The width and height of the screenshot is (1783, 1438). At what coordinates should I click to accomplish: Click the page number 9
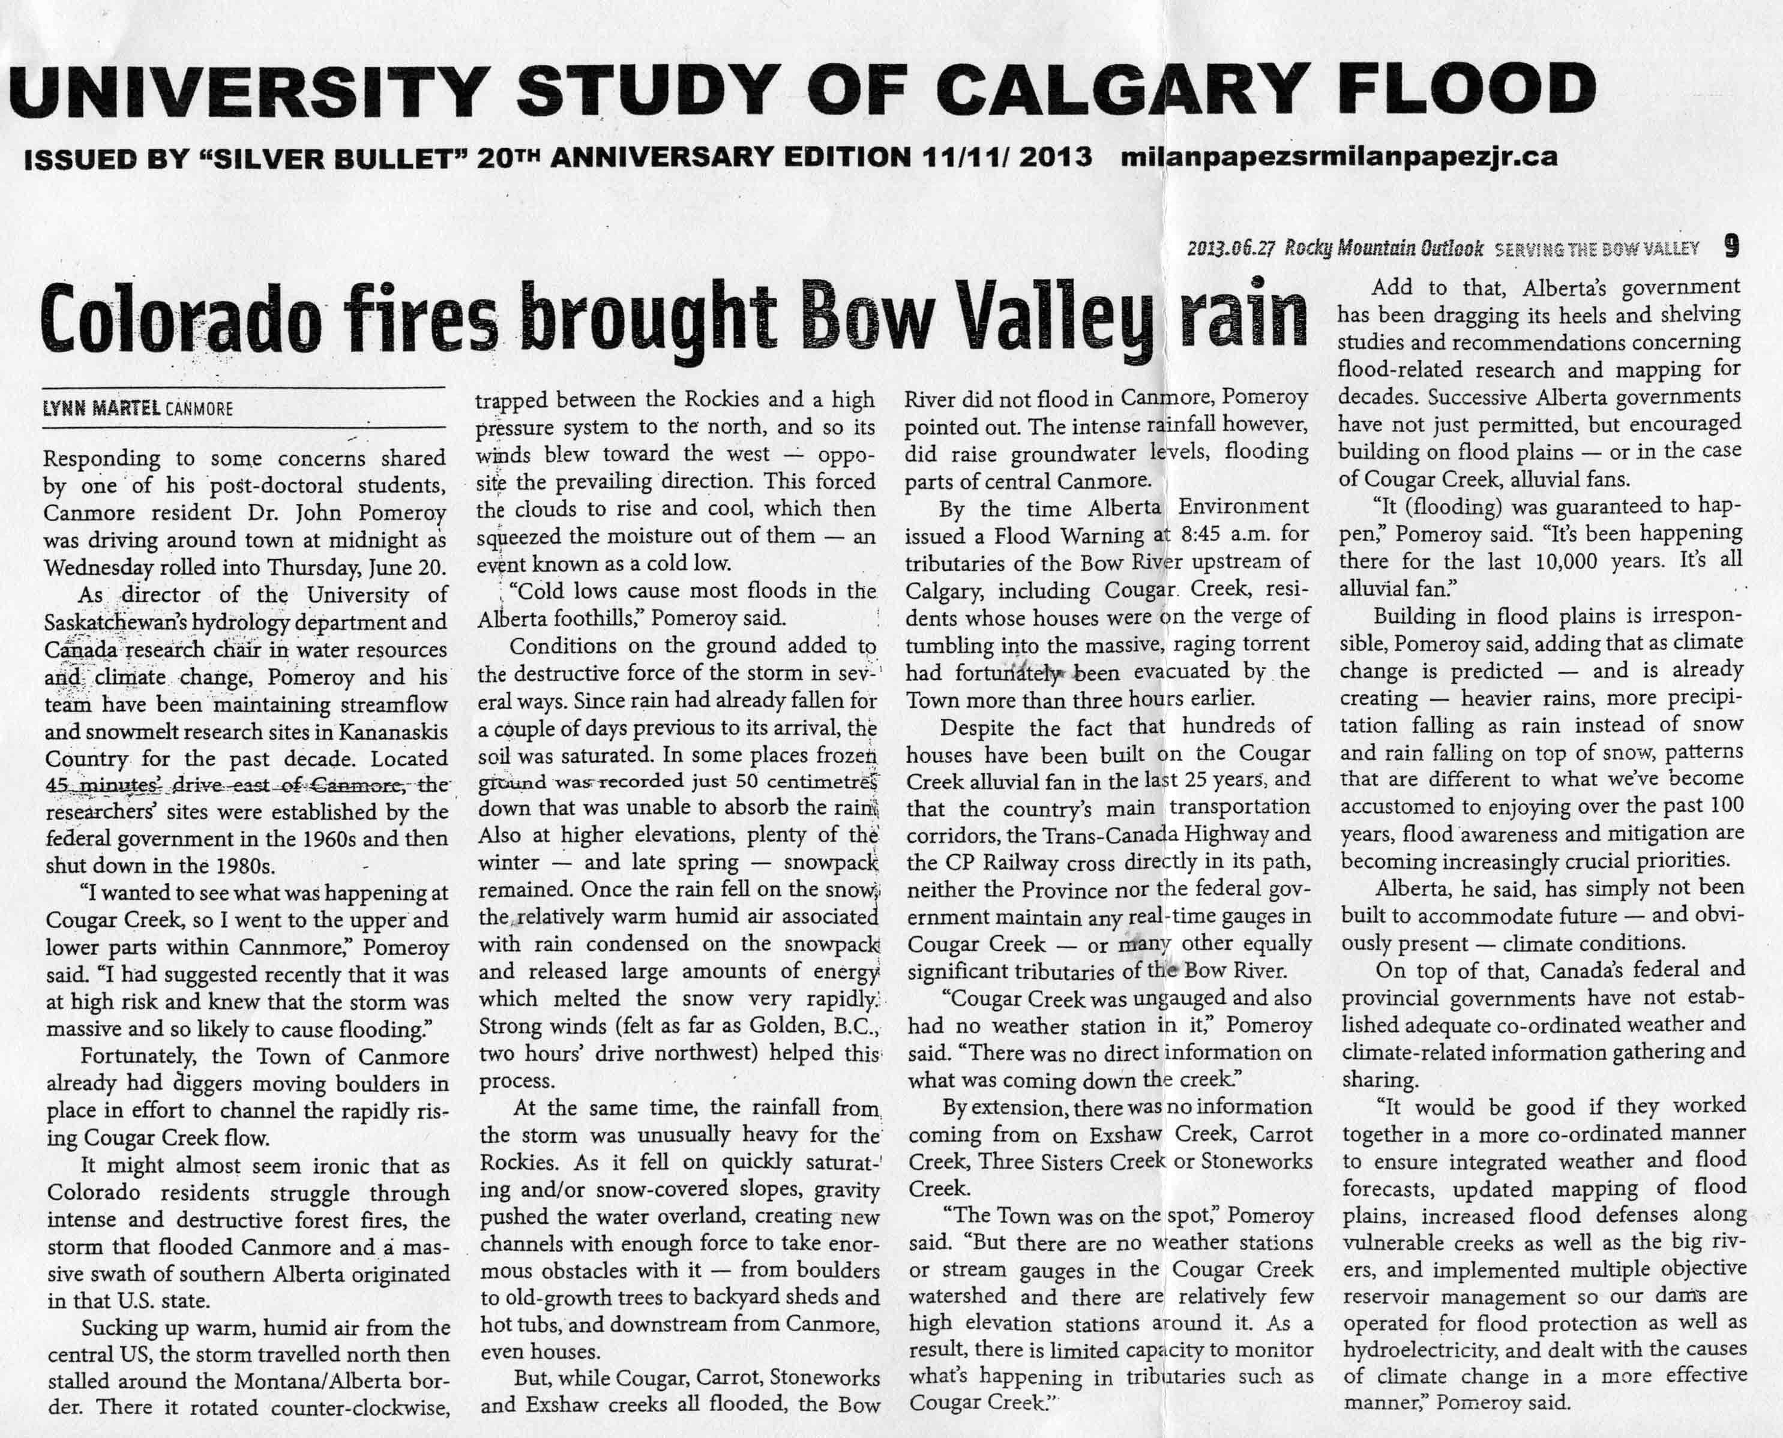1731,247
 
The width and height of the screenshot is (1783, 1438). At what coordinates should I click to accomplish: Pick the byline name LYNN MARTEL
101,409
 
